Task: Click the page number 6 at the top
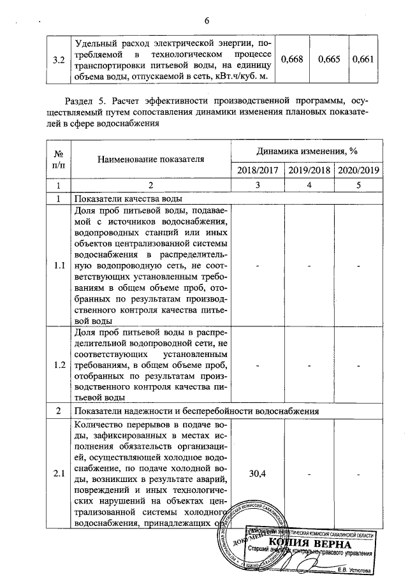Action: click(x=207, y=20)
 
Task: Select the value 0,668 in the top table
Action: click(x=292, y=59)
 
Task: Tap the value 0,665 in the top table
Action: click(x=328, y=59)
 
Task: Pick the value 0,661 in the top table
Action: click(x=361, y=59)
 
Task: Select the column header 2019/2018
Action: click(x=308, y=171)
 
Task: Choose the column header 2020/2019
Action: click(x=358, y=171)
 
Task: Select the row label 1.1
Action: click(x=59, y=265)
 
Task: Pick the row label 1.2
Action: click(x=59, y=365)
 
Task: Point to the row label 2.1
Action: click(x=59, y=473)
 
